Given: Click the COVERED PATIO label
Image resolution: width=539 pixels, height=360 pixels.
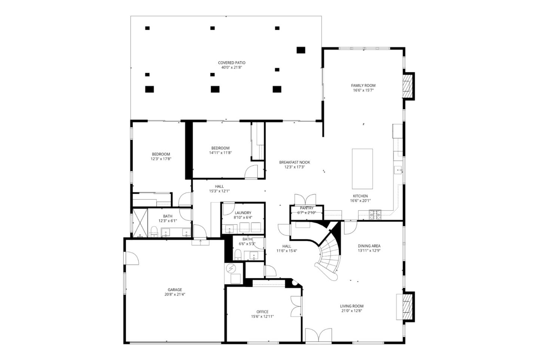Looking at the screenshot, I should tap(232, 63).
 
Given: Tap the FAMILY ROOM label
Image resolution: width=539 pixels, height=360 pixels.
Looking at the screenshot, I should tap(363, 85).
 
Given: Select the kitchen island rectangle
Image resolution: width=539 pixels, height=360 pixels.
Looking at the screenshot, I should tap(362, 169).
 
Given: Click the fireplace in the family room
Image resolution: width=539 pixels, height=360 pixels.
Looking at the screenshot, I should tap(407, 86).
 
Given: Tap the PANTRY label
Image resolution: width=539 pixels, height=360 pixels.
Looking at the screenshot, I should tap(307, 208).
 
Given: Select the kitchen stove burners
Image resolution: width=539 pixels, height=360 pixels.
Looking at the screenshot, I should tap(375, 215).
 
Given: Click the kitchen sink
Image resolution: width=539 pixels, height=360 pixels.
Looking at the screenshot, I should tap(399, 170).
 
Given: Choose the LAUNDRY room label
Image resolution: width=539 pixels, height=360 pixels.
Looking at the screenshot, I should tap(243, 213).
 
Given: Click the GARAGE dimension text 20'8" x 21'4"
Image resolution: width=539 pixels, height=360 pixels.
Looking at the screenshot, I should tap(175, 294).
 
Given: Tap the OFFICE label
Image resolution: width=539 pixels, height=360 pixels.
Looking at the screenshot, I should tap(262, 312).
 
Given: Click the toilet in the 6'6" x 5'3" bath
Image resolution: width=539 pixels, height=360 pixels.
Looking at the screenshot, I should tap(238, 255).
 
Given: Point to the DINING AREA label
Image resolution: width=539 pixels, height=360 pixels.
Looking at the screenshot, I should tap(369, 246).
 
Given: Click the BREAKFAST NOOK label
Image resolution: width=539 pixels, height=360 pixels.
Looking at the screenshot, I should tap(295, 162).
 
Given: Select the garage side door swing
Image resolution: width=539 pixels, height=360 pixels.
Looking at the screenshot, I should tap(132, 258).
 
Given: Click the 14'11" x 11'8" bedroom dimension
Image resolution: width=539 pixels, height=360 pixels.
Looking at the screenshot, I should tap(220, 152).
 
